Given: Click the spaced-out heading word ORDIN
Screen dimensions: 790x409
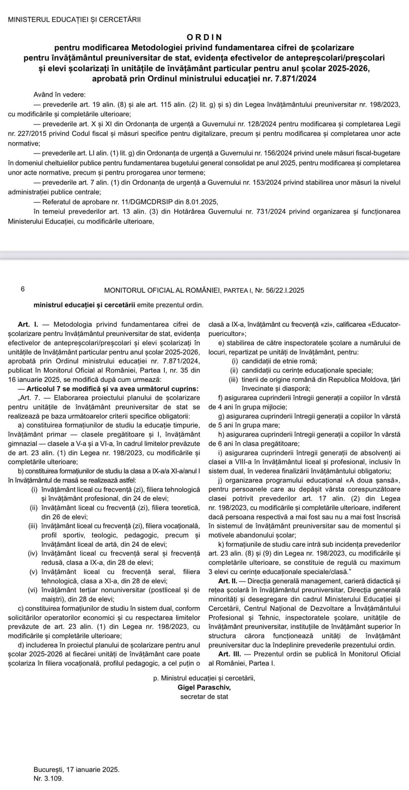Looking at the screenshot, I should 204,37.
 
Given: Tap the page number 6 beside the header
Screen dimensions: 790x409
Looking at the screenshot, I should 23,289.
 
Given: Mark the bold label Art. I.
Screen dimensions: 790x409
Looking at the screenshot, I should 27,324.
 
